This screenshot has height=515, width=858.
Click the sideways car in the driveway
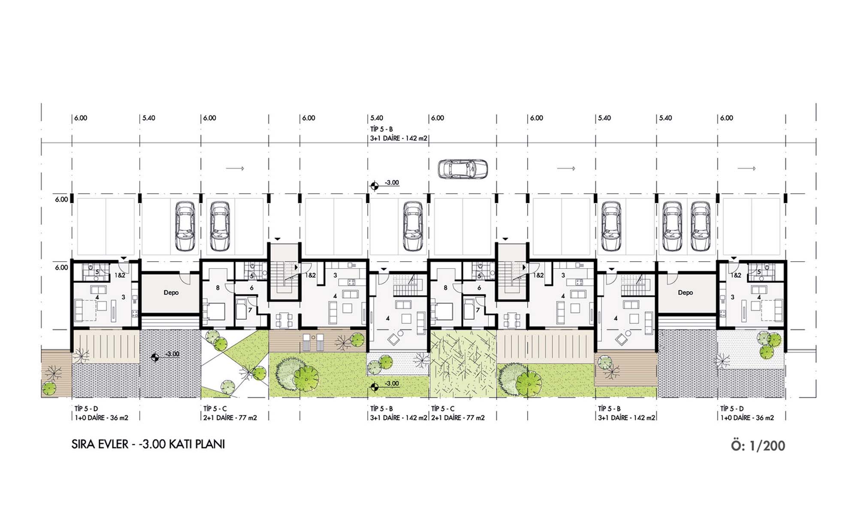(x=462, y=169)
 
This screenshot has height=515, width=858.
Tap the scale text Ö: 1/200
(x=758, y=445)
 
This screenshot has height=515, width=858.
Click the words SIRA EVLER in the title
(x=100, y=444)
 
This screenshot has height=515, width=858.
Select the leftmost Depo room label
(x=171, y=293)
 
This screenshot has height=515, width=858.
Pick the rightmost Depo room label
(x=685, y=293)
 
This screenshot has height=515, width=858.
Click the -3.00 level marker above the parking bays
(x=385, y=184)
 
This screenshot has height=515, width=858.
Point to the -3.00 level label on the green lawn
(x=385, y=385)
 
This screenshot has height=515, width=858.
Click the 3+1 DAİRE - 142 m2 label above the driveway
(x=399, y=138)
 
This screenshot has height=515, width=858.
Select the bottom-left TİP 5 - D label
(x=86, y=409)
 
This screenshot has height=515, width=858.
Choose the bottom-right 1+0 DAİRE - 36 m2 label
(x=747, y=418)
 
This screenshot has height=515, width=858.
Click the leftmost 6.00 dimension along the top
(x=81, y=118)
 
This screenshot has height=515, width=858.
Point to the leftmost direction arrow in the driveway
(x=235, y=169)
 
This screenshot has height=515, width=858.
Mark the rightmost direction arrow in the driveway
(x=747, y=169)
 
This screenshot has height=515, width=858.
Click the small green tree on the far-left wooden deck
(x=49, y=388)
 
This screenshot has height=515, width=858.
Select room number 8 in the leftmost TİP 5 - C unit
(x=218, y=288)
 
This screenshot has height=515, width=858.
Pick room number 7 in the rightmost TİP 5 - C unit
(x=477, y=310)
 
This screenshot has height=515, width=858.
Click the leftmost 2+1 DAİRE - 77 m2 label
(x=230, y=418)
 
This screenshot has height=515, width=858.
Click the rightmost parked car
(x=700, y=226)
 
